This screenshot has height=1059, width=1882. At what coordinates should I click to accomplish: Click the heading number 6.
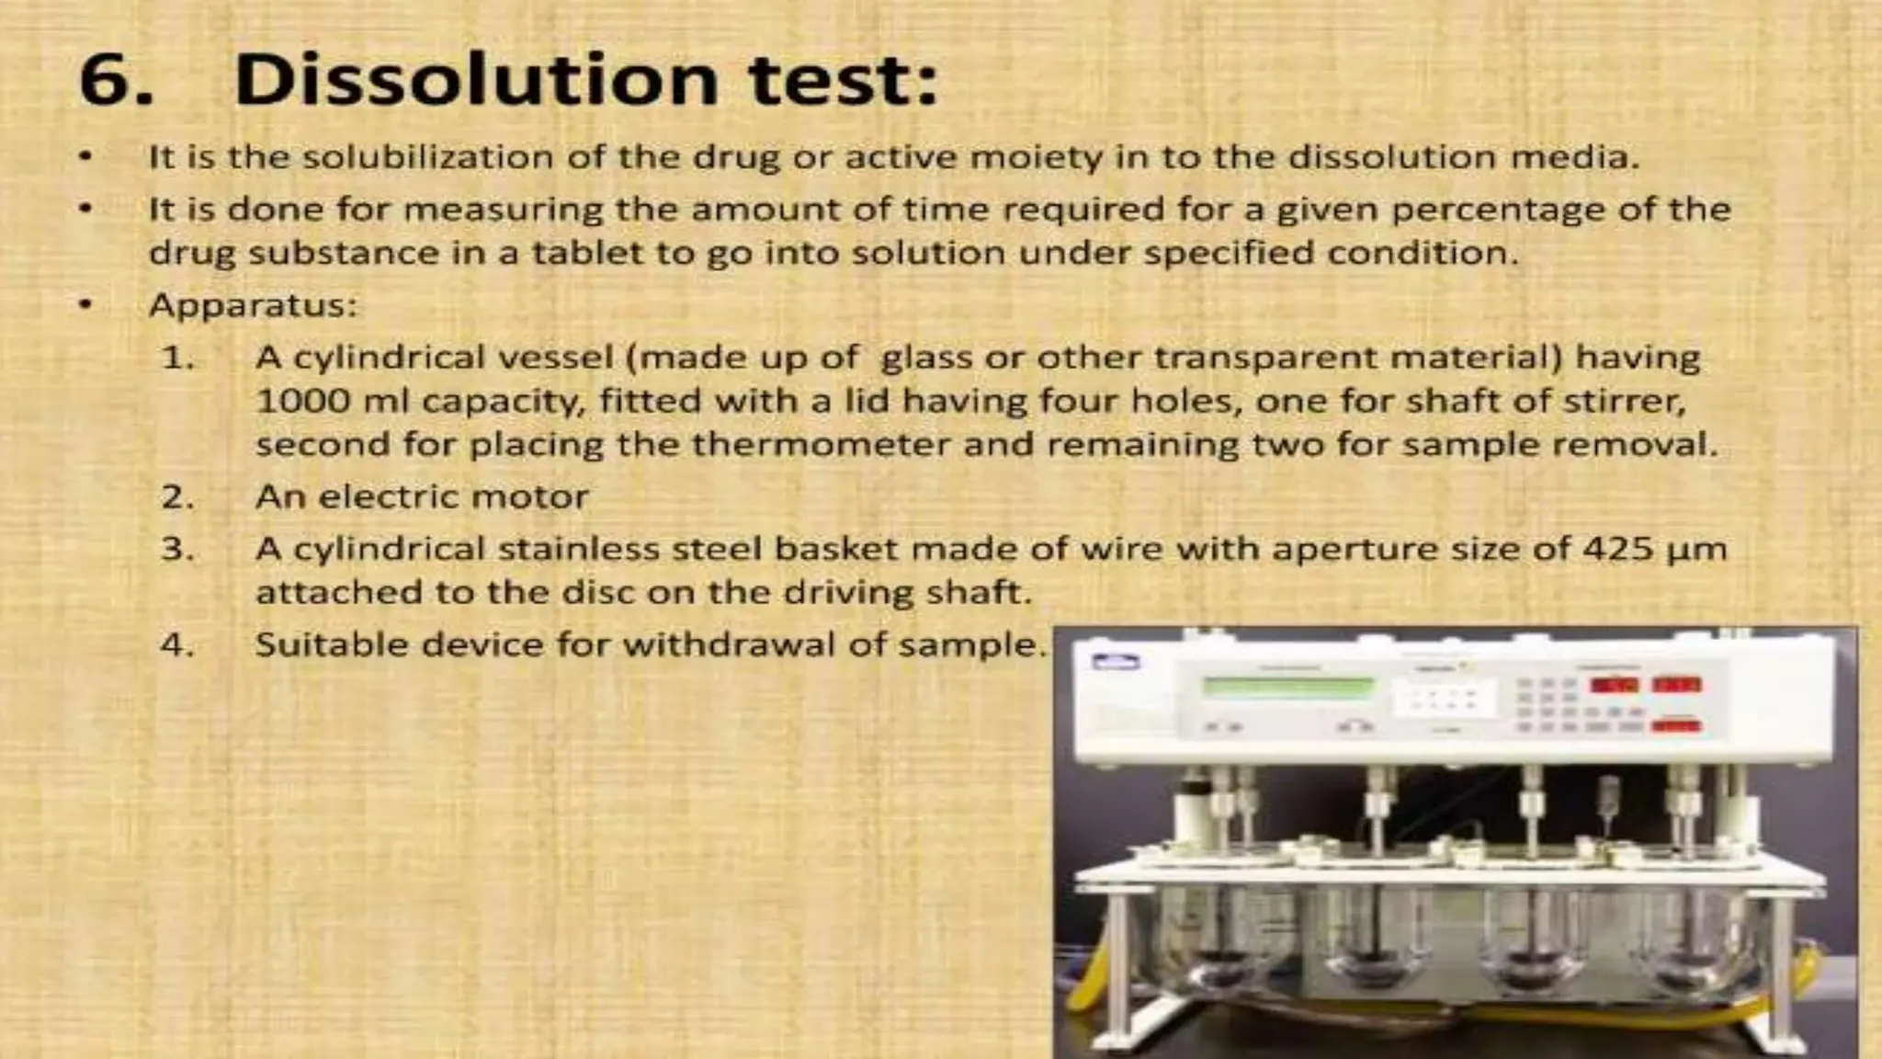114,81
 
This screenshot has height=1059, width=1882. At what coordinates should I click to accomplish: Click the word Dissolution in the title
476,79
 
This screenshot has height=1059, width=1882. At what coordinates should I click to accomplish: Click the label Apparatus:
253,305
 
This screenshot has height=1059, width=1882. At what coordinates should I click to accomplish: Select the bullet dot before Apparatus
85,304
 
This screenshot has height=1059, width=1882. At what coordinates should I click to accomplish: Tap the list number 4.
176,645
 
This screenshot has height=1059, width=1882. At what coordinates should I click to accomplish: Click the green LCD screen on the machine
1288,686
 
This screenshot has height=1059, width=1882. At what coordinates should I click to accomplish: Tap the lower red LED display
1675,726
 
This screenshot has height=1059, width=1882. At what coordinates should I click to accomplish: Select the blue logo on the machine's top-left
1115,661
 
